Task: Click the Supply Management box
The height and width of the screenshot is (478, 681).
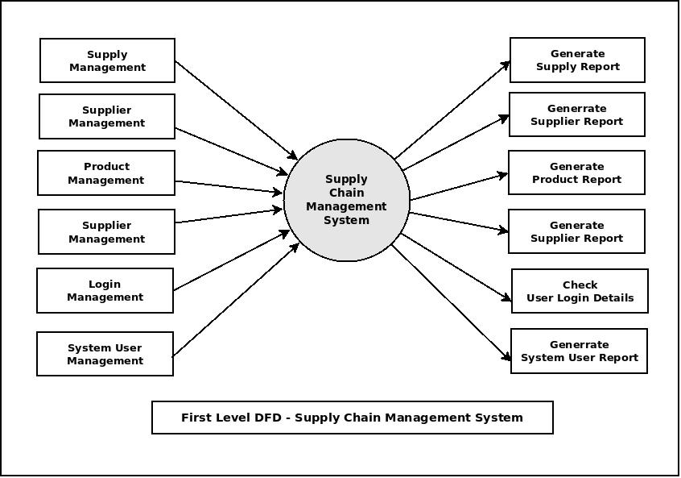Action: [x=107, y=60]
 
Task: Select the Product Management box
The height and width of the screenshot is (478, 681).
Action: [x=105, y=173]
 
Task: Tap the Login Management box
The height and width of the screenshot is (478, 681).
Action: [x=105, y=291]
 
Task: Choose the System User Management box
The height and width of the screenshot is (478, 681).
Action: [x=105, y=354]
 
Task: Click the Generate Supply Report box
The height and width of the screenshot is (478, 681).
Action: [x=577, y=60]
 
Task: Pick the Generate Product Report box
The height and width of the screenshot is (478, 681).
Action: [x=576, y=172]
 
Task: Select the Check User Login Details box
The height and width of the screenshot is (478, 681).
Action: [x=580, y=291]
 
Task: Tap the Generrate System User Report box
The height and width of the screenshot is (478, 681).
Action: [x=579, y=351]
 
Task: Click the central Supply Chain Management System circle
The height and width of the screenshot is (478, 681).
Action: [x=347, y=200]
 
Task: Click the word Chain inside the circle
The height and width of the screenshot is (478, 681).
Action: [x=346, y=193]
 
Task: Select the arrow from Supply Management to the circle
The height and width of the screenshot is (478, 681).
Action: [x=236, y=110]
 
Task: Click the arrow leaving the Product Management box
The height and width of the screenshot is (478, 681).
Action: [x=229, y=187]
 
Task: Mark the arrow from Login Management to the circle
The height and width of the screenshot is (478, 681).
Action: [x=231, y=260]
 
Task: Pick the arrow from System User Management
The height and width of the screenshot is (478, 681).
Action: [x=235, y=299]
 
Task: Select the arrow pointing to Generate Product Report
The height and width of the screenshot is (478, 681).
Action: [x=458, y=186]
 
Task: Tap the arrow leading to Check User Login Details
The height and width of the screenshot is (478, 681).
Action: [x=456, y=268]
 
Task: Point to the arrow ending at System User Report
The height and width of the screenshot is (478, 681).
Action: [x=451, y=303]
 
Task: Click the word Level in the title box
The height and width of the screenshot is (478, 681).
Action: [x=237, y=418]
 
